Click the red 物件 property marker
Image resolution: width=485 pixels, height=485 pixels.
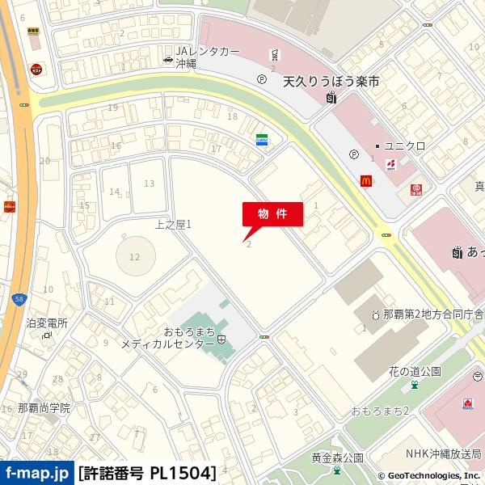tap(273, 214)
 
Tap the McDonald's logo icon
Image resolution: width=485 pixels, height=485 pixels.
tap(366, 182)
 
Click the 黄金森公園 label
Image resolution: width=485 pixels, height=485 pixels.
tap(337, 458)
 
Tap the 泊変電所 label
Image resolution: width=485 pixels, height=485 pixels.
tap(46, 323)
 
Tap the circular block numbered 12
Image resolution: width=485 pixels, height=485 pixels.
tap(134, 257)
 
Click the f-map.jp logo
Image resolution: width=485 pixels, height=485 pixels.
tap(36, 473)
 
